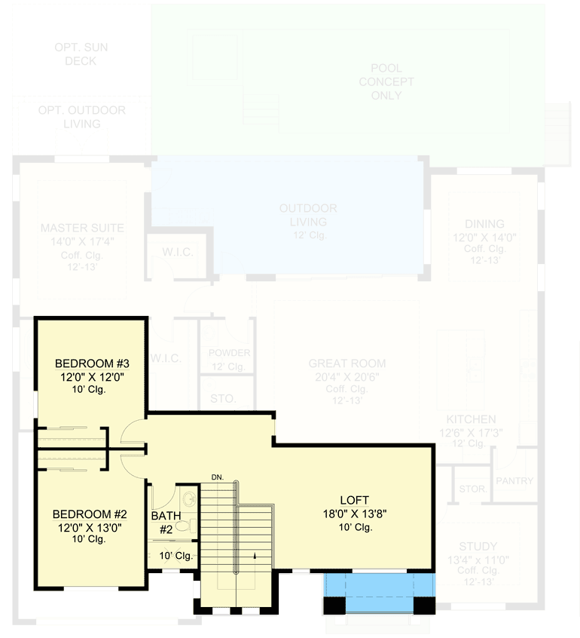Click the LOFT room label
point(354,499)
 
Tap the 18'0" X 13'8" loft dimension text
point(354,513)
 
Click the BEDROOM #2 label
point(90,514)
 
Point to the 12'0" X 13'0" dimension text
point(90,527)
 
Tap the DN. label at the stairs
point(218,477)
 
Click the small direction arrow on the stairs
point(255,556)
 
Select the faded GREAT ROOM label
point(346,363)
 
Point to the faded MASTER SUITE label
point(82,228)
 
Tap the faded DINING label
point(484,224)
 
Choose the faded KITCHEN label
point(471,419)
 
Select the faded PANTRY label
point(514,481)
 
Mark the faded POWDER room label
point(229,353)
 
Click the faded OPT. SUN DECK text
point(81,54)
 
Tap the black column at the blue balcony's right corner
point(425,605)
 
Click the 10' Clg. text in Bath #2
point(176,556)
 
